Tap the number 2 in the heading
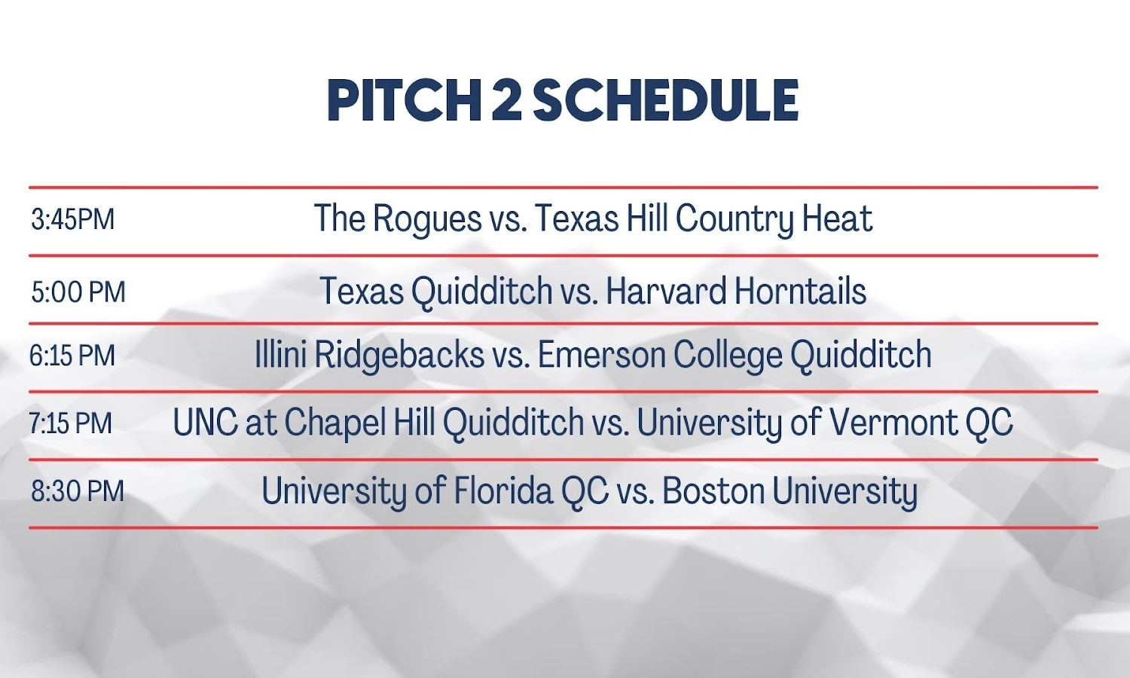pyautogui.click(x=505, y=100)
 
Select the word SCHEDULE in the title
pyautogui.click(x=665, y=100)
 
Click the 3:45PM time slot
pyautogui.click(x=72, y=219)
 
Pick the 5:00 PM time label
pyautogui.click(x=78, y=292)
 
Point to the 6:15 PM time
pyautogui.click(x=72, y=355)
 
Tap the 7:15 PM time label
pyautogui.click(x=70, y=423)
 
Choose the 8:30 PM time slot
pyautogui.click(x=78, y=491)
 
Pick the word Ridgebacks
pyautogui.click(x=399, y=356)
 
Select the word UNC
pyautogui.click(x=206, y=422)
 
